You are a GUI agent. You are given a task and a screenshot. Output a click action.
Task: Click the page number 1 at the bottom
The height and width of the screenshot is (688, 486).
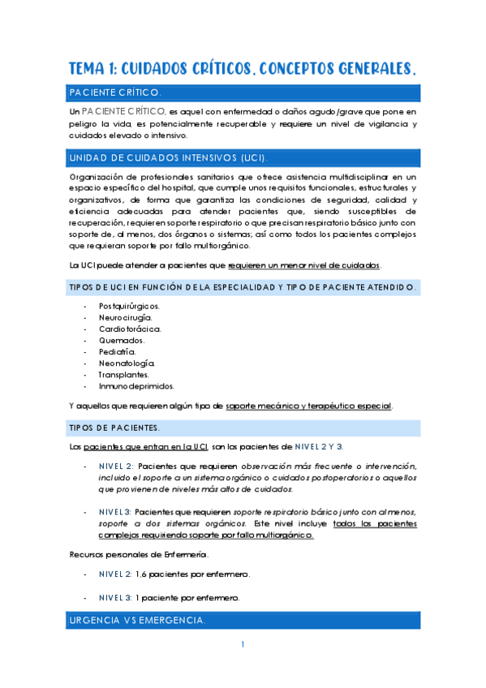[243, 645]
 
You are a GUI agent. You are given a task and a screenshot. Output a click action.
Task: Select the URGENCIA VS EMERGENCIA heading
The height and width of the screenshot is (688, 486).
[138, 621]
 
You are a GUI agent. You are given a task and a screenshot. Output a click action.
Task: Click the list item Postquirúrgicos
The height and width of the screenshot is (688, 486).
[129, 306]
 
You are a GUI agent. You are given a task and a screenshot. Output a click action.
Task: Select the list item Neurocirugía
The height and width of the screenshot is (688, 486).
[125, 317]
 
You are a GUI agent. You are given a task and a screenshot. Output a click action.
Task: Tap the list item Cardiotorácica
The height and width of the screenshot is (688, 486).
[130, 329]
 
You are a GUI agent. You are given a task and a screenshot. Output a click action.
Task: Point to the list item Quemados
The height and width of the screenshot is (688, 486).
[122, 340]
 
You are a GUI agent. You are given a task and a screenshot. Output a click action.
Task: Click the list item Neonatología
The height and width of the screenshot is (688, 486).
[127, 363]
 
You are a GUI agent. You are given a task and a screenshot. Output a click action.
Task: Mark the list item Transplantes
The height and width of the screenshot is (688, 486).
[123, 375]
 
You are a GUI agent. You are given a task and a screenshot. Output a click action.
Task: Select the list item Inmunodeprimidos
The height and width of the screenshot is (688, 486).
[136, 386]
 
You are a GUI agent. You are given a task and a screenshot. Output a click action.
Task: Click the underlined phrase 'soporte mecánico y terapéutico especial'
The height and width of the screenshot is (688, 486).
[308, 405]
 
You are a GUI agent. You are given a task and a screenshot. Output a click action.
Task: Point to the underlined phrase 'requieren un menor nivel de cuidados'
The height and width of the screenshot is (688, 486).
[303, 265]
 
